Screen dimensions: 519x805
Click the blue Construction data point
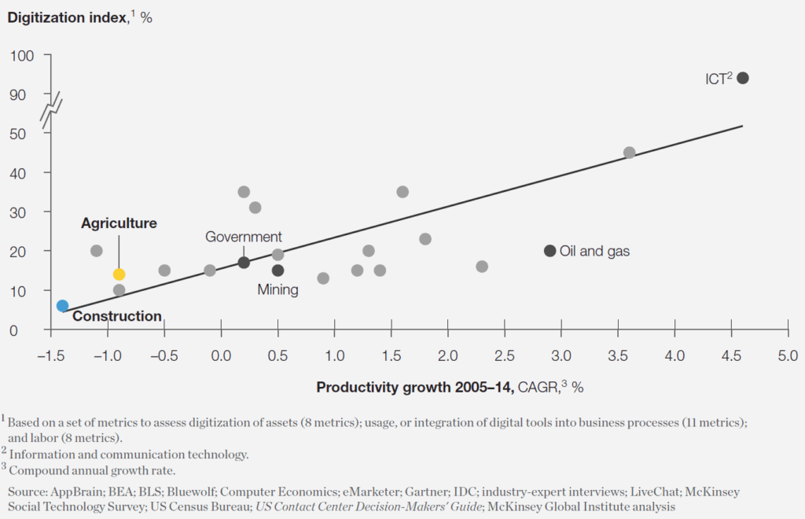point(63,306)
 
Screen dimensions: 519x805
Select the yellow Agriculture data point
point(119,274)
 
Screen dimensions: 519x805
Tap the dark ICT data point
point(742,78)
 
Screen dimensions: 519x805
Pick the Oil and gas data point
point(550,251)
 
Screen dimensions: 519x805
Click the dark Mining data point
point(278,271)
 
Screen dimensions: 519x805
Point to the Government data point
point(244,263)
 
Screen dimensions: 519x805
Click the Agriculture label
point(119,223)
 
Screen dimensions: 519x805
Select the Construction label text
point(116,317)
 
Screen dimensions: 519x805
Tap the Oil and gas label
point(594,252)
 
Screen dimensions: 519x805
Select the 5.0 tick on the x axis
point(787,356)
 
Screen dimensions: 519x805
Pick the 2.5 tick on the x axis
point(504,356)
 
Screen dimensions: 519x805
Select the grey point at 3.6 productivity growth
point(629,153)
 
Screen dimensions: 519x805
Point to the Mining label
point(278,290)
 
